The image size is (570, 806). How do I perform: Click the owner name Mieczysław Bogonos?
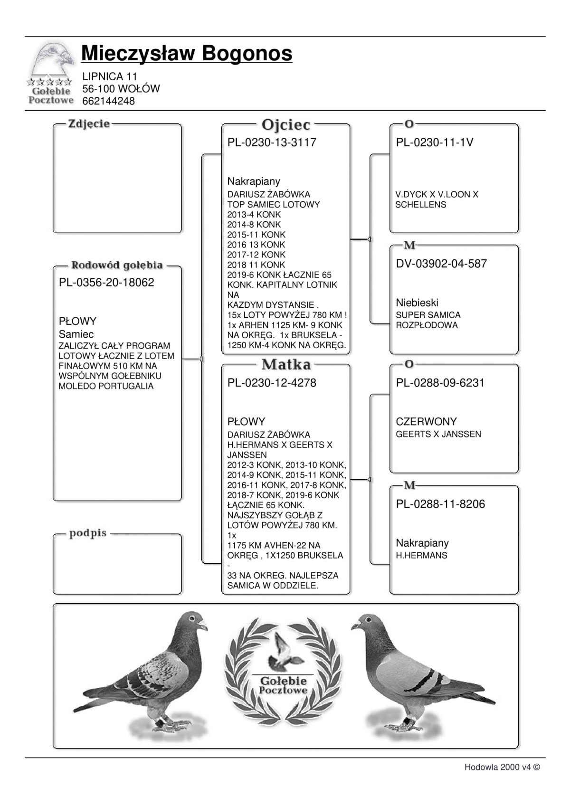point(187,53)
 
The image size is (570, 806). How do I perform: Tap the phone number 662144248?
point(108,101)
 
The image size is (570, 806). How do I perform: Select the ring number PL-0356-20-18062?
point(106,283)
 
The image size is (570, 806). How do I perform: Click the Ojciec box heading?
point(286,125)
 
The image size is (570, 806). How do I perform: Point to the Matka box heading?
point(286,365)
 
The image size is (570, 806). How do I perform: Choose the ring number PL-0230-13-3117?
point(272,142)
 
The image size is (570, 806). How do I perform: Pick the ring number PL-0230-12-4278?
point(272,383)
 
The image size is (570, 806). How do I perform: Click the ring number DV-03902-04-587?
point(441,264)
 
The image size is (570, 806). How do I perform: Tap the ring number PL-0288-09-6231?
point(440,383)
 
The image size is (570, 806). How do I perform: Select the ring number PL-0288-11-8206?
point(440,504)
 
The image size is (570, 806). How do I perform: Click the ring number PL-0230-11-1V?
point(434,142)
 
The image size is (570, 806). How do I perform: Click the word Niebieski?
point(417,303)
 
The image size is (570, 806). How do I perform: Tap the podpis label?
point(88,533)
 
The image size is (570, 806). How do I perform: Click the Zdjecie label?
point(89,124)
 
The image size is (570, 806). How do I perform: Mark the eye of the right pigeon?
point(366,619)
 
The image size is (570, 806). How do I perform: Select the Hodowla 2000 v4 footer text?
point(502,767)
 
